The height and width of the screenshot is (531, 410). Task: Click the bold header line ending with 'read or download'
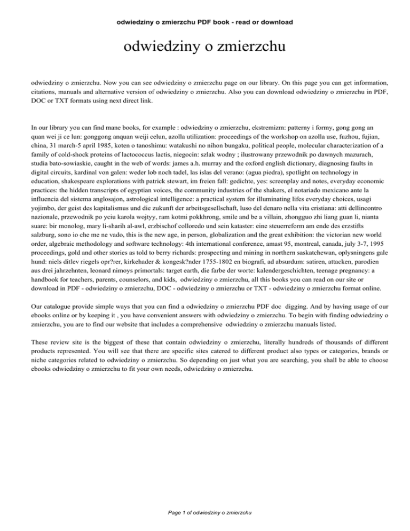[x=204, y=22]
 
